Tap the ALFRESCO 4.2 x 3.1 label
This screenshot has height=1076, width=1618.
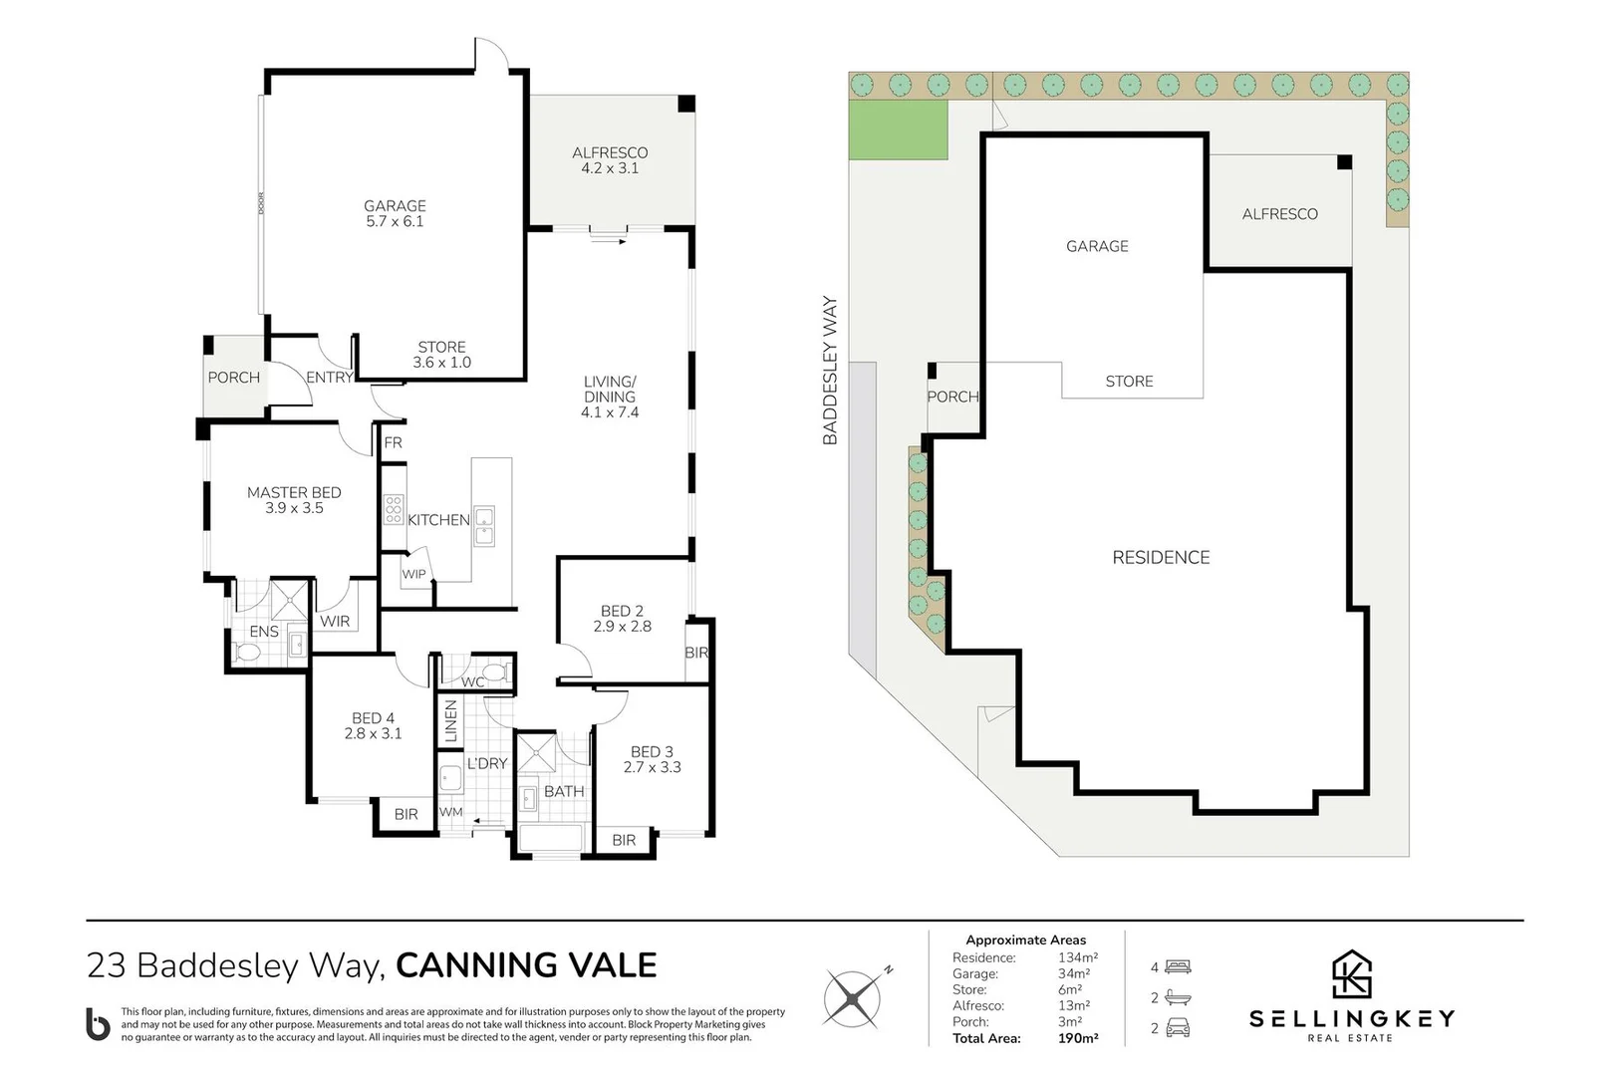pos(610,160)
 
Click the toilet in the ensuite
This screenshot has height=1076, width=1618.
pos(247,653)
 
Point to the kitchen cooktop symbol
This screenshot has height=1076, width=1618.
pos(394,509)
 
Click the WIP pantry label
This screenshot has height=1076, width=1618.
pos(413,575)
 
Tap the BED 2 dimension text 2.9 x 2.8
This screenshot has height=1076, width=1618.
pos(622,627)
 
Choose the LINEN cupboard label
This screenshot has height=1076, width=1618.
pos(450,721)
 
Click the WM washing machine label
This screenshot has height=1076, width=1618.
pos(450,812)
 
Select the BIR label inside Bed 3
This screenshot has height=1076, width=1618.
pos(624,840)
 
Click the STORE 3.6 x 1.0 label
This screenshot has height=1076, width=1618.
pos(441,355)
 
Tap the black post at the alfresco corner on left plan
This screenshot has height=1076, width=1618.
pos(686,103)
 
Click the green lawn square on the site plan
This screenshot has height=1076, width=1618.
pos(897,130)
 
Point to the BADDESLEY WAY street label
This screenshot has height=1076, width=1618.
pos(830,371)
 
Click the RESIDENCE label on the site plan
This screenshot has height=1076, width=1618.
pos(1161,558)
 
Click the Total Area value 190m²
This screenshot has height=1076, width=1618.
pos(1077,1038)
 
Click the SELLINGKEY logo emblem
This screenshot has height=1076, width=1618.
pos(1352,974)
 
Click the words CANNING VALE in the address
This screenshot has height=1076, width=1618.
pos(526,965)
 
